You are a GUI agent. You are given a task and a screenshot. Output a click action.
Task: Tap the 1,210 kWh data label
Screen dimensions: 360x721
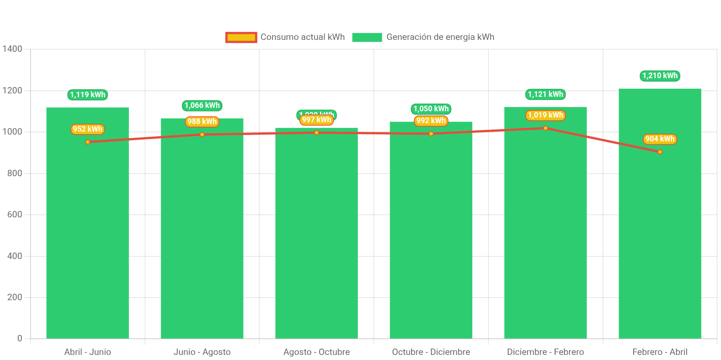tap(660, 76)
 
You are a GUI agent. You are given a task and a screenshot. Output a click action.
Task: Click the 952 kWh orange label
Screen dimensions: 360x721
tap(87, 129)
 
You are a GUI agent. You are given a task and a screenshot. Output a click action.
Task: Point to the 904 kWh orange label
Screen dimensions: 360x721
tap(660, 139)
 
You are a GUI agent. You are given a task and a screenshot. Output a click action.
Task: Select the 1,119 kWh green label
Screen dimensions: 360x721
tap(87, 95)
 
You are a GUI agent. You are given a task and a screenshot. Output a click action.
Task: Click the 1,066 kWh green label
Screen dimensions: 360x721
tap(202, 105)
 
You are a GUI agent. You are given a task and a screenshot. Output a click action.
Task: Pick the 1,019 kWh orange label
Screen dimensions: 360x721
tap(545, 115)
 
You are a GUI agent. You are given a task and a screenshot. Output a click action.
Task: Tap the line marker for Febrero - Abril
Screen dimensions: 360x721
tap(660, 152)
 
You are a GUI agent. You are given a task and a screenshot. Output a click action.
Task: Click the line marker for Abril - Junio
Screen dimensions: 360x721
tap(87, 142)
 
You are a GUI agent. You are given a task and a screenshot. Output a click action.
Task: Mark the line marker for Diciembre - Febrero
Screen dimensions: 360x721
tap(545, 128)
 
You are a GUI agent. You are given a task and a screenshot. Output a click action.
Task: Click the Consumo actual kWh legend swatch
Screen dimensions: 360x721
tap(241, 37)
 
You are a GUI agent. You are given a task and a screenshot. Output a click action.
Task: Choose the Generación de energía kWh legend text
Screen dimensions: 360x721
tap(440, 37)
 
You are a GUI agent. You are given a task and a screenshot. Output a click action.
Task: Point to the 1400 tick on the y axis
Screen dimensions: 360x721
tap(12, 49)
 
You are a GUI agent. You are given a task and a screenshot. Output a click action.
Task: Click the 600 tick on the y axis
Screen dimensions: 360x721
tap(14, 214)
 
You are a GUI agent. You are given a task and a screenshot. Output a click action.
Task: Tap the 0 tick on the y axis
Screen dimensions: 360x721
tap(20, 338)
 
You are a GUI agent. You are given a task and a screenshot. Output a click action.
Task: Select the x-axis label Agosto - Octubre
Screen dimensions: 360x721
tap(317, 352)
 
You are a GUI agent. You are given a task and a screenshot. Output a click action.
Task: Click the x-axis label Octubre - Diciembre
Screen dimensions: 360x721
tap(431, 352)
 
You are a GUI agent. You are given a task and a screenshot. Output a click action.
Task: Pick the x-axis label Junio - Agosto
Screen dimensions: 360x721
tap(202, 352)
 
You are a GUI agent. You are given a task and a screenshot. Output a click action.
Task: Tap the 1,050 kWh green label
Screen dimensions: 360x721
tap(431, 109)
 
